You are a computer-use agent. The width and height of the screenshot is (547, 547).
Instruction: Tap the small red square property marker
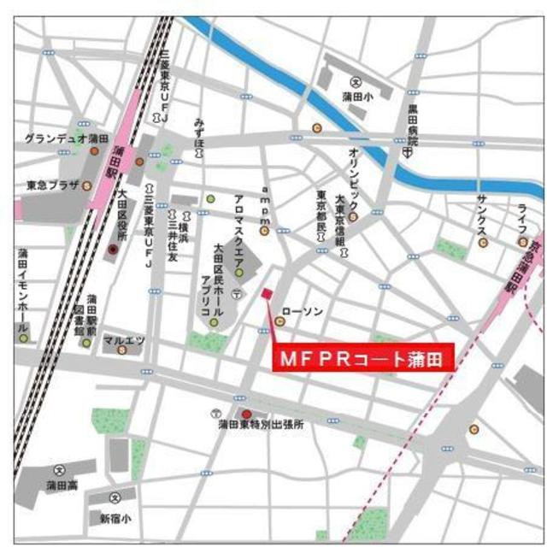pyautogui.click(x=265, y=294)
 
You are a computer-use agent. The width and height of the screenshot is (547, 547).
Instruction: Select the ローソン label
pyautogui.click(x=303, y=312)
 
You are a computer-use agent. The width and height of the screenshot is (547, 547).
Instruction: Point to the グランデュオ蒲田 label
pyautogui.click(x=66, y=138)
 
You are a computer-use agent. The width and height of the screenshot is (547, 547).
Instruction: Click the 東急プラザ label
pyautogui.click(x=53, y=183)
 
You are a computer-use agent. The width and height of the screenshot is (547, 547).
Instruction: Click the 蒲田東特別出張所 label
pyautogui.click(x=261, y=423)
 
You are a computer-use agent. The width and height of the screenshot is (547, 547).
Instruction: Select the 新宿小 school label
pyautogui.click(x=115, y=518)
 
